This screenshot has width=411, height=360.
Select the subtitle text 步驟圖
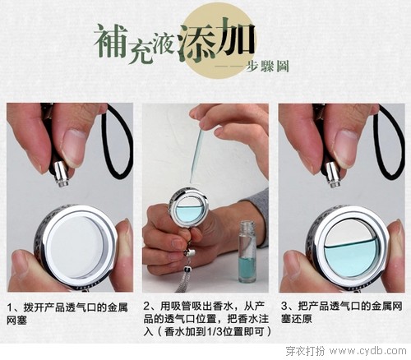[x=267, y=66]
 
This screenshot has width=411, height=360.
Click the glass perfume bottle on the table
[x=247, y=252]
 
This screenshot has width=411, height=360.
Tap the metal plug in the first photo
[x=61, y=174]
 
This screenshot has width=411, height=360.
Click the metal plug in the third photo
[x=332, y=175]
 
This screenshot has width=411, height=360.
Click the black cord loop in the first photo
[x=118, y=142]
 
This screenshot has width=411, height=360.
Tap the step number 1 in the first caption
[x=10, y=307]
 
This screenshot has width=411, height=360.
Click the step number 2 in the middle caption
[x=146, y=306]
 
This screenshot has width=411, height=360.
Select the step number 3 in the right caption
[x=284, y=306]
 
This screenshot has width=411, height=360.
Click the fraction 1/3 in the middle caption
[x=214, y=332]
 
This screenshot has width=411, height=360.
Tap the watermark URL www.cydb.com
[x=368, y=351]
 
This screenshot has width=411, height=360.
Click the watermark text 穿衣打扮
[x=305, y=351]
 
